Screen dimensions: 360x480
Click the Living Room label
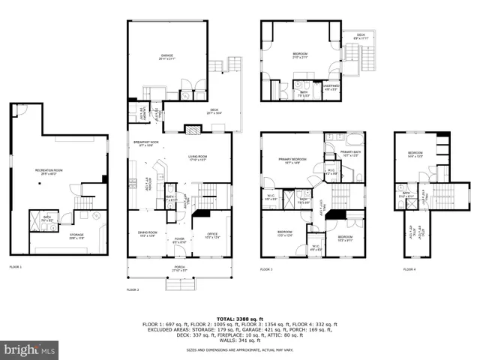[198, 157]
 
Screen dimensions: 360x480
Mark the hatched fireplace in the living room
[192, 129]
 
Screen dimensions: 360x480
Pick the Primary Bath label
[351, 154]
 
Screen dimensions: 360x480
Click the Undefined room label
[331, 86]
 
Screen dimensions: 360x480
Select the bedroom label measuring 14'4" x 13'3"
[415, 154]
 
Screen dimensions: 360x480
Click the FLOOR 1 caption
[16, 267]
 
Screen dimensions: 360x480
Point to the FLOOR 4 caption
[409, 268]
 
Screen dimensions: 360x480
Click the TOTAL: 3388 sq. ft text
[240, 318]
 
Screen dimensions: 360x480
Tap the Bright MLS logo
[30, 350]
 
